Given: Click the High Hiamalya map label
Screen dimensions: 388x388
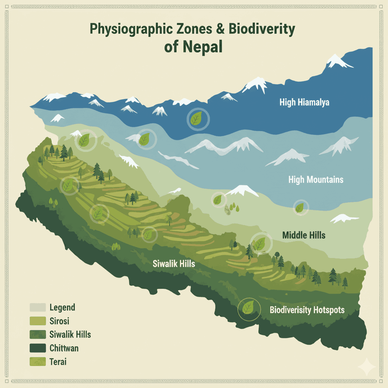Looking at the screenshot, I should pos(304,102).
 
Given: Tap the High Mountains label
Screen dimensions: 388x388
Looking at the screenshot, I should pos(316,179).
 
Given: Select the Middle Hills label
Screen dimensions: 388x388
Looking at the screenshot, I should pos(304,235).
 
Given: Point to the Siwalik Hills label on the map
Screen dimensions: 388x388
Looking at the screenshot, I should pos(174,264).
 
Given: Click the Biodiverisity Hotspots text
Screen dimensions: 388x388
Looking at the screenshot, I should pos(307,310).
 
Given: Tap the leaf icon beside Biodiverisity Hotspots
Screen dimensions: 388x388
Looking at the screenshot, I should pos(249,308).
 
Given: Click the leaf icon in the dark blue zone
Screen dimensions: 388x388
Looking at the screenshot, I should pos(196,119).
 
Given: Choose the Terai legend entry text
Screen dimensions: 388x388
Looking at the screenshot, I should pos(58,361).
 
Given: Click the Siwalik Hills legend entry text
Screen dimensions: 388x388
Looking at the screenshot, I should pos(70,334).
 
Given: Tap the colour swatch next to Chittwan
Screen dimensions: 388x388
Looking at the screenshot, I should pos(37,348).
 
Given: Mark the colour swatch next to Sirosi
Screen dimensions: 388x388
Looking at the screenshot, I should pos(37,321).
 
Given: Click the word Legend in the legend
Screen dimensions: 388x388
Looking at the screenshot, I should pos(62,307).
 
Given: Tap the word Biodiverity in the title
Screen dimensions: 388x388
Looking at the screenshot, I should pos(261,30).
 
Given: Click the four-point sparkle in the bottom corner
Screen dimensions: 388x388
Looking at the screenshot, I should pos(367,367).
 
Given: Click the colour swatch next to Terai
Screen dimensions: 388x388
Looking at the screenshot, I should pos(37,361).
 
